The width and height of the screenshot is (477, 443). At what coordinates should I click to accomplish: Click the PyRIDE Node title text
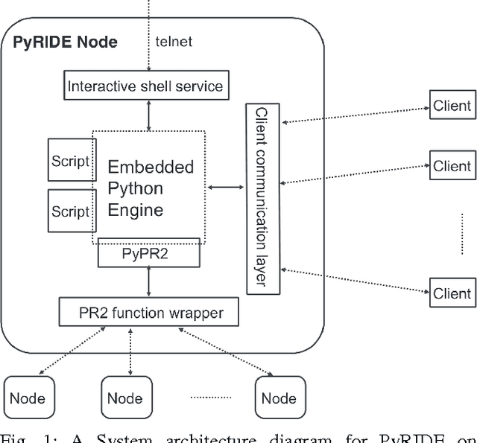point(66,42)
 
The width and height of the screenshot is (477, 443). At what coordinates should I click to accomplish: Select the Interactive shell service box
point(145,86)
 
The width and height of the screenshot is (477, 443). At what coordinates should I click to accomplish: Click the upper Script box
point(70,159)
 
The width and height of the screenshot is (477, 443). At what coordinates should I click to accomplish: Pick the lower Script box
point(70,211)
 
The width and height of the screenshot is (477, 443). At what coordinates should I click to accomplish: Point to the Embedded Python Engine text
point(151,188)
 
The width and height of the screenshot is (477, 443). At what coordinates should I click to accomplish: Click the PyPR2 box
point(148,253)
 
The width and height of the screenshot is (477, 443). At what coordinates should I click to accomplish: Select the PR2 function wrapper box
point(149,312)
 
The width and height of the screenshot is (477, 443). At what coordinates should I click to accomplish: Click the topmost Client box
point(452,106)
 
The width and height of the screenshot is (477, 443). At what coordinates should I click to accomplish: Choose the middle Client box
point(452,166)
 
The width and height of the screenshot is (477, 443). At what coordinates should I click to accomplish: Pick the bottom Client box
point(452,293)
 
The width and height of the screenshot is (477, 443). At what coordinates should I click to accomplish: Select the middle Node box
point(125,398)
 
